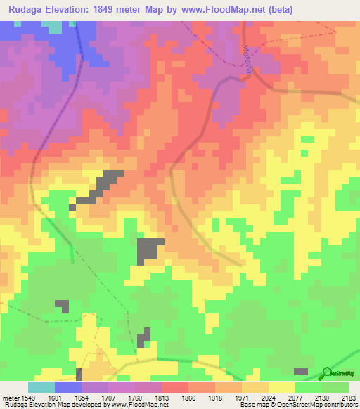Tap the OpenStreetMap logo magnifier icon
[326, 372]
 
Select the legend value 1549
[27, 397]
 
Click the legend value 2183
[349, 397]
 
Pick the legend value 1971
[241, 397]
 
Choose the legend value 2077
[295, 397]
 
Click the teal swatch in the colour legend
[41, 387]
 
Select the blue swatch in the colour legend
[68, 387]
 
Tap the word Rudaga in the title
[27, 9]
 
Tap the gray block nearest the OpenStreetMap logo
[300, 371]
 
